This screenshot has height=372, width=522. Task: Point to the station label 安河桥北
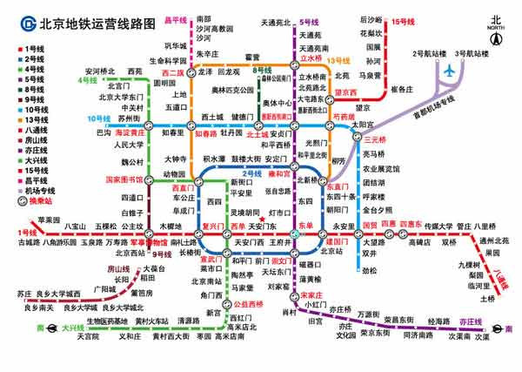[101, 71]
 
